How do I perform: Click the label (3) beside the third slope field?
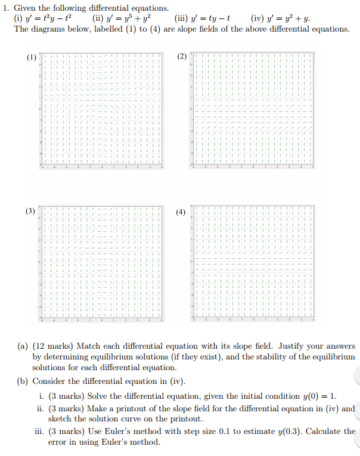coord(31,212)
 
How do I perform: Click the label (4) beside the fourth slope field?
coord(181,212)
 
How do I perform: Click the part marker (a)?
coord(23,346)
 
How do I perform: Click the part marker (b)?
coord(23,381)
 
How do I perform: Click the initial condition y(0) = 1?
coord(316,396)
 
